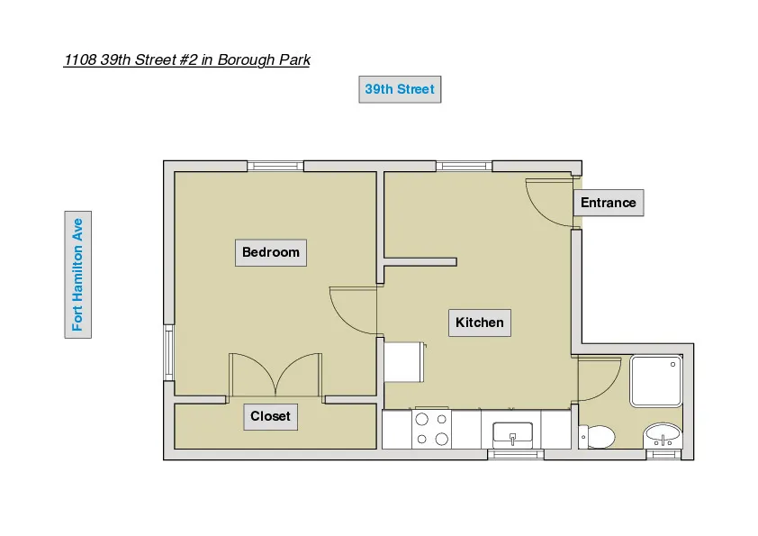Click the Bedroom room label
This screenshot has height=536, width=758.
270,252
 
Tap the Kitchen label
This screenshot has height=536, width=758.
480,323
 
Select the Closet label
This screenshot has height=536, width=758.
270,417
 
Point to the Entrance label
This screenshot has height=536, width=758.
608,203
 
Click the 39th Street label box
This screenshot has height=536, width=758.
400,89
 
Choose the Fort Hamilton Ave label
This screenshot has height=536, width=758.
78,274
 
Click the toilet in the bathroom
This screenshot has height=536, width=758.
598,438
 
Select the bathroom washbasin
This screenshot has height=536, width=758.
663,437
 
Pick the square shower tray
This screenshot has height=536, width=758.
656,381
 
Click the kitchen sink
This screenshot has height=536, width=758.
512,435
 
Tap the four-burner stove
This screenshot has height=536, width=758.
430,430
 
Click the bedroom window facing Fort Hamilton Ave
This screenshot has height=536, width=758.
168,352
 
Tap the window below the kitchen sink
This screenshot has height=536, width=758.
516,455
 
